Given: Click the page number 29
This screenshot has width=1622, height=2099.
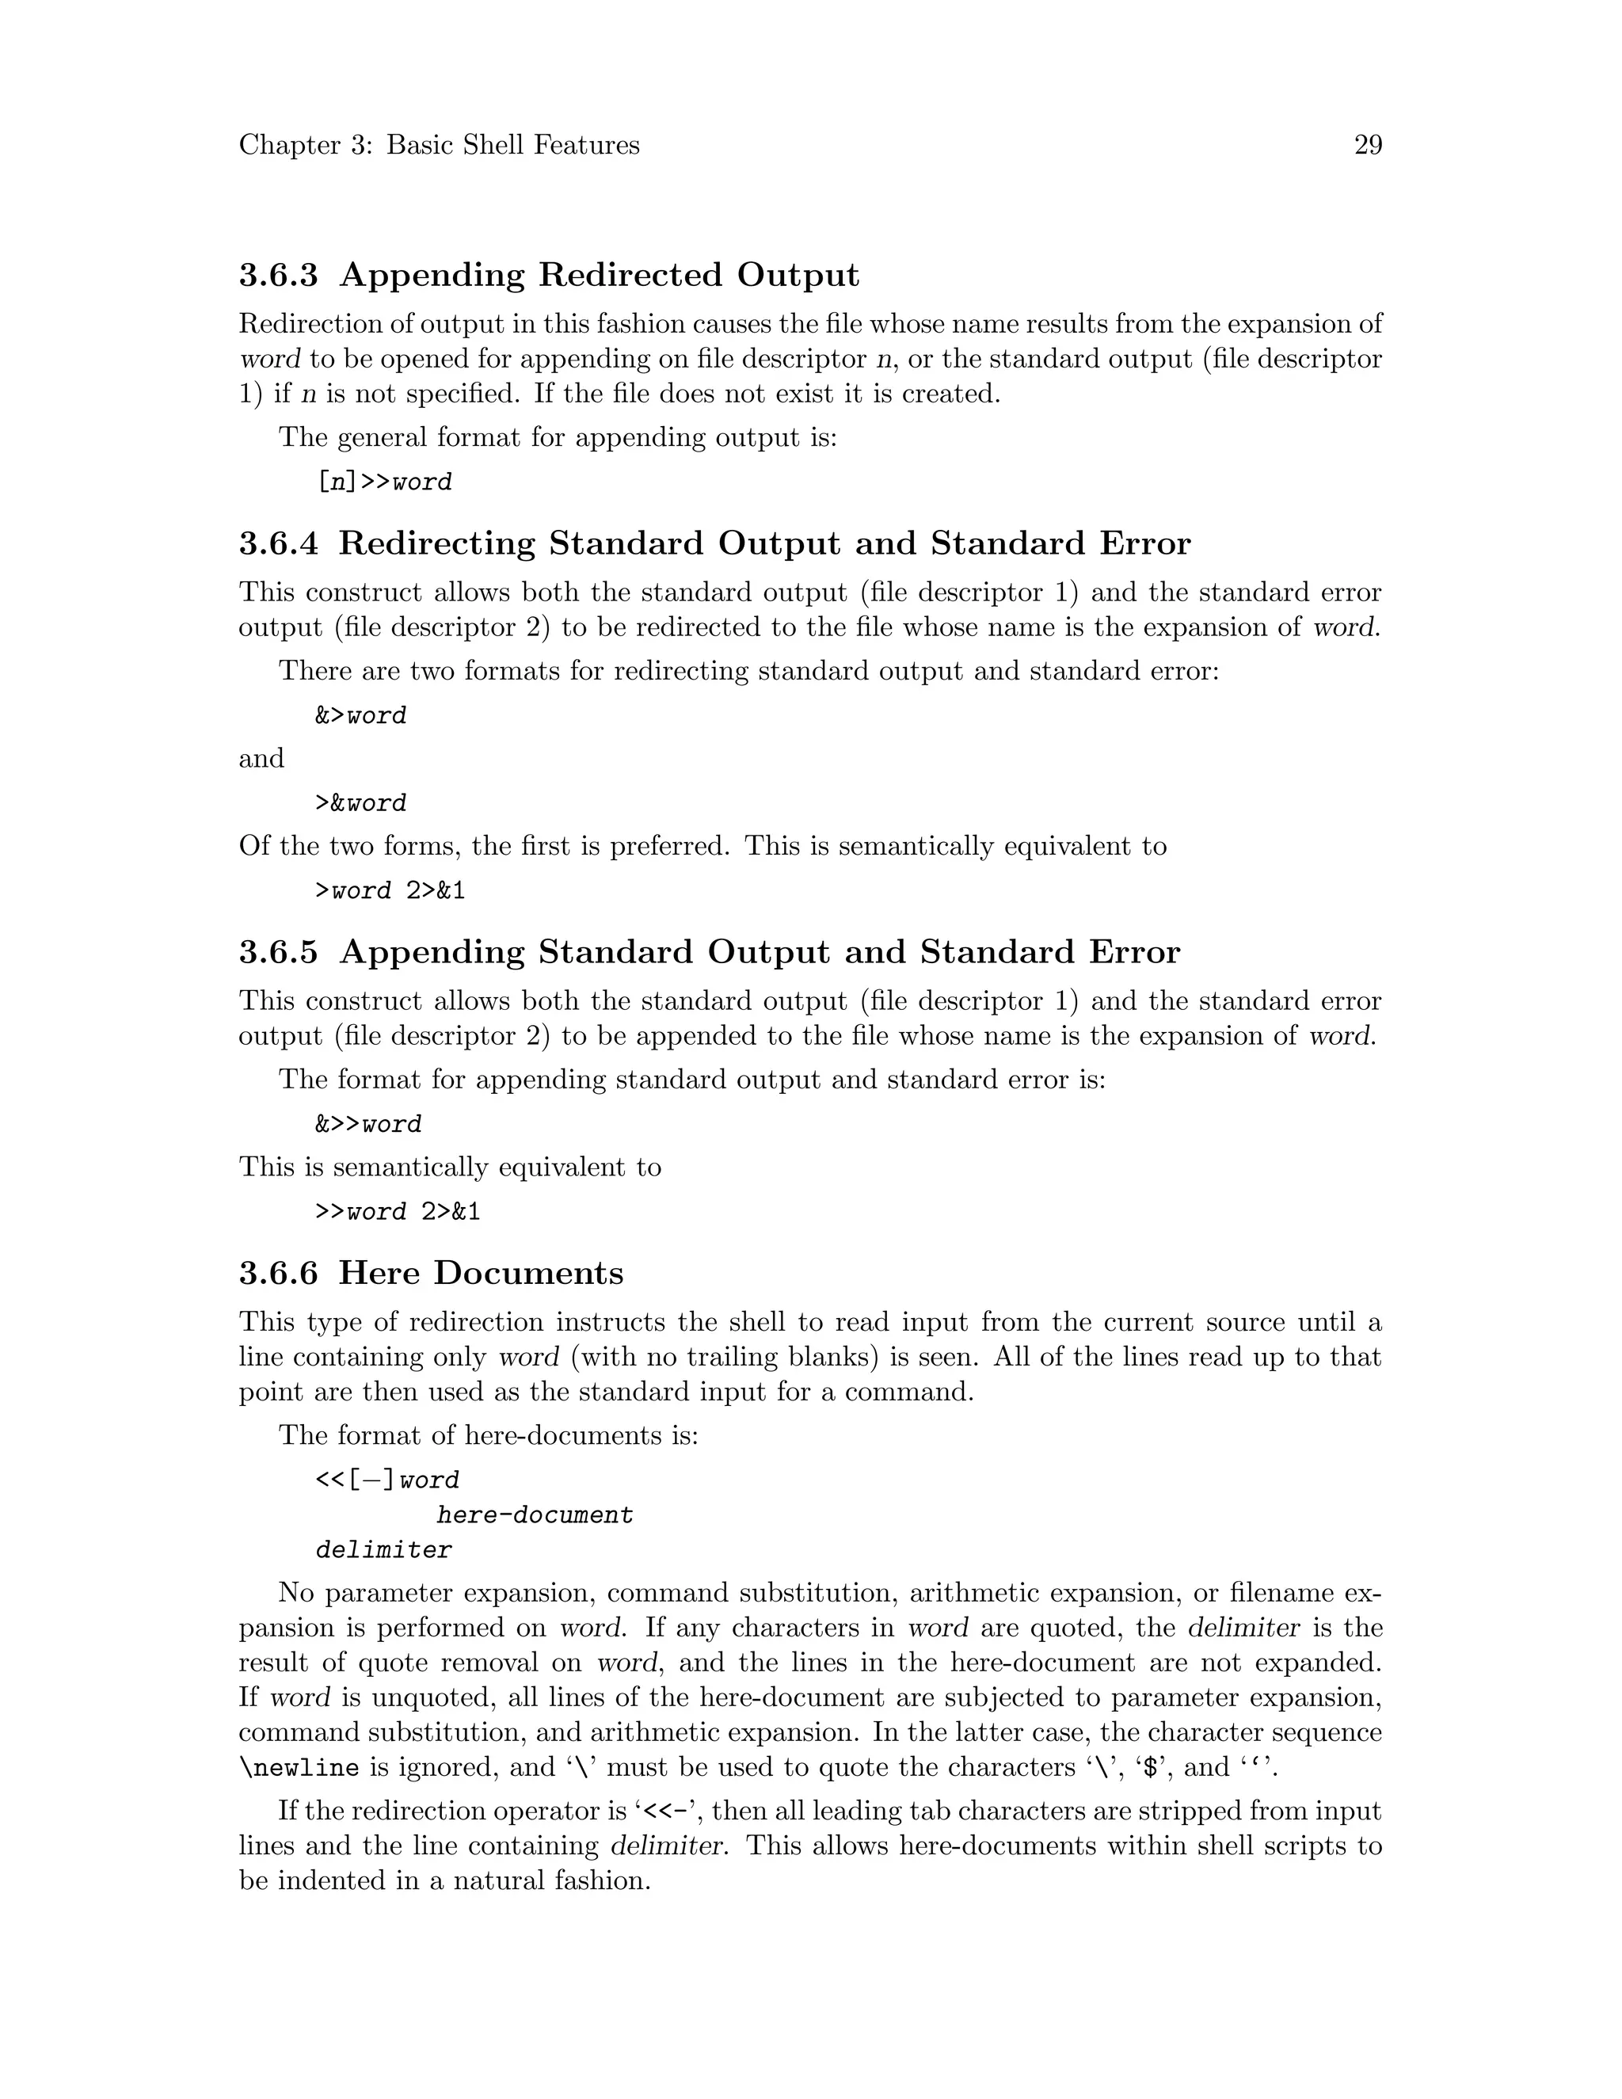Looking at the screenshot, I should click(x=1367, y=145).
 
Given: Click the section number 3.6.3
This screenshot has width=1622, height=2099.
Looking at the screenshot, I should click(x=278, y=276).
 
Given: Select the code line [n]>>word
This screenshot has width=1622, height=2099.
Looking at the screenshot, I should click(x=383, y=482).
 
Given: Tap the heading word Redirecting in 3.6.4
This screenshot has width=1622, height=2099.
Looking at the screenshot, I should click(x=436, y=544).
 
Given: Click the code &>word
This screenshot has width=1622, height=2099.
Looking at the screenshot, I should click(x=360, y=715).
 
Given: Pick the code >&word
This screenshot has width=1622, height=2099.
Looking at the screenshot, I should click(x=360, y=802).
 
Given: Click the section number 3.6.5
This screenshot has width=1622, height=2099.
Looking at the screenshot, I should click(x=278, y=952).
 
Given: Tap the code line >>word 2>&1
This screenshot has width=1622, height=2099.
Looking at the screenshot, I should click(x=398, y=1211).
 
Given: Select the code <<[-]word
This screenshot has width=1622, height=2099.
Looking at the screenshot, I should click(x=387, y=1479).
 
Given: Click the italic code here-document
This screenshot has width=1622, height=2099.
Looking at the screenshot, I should click(x=535, y=1514).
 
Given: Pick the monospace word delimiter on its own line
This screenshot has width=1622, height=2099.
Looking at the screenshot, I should click(x=383, y=1549).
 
